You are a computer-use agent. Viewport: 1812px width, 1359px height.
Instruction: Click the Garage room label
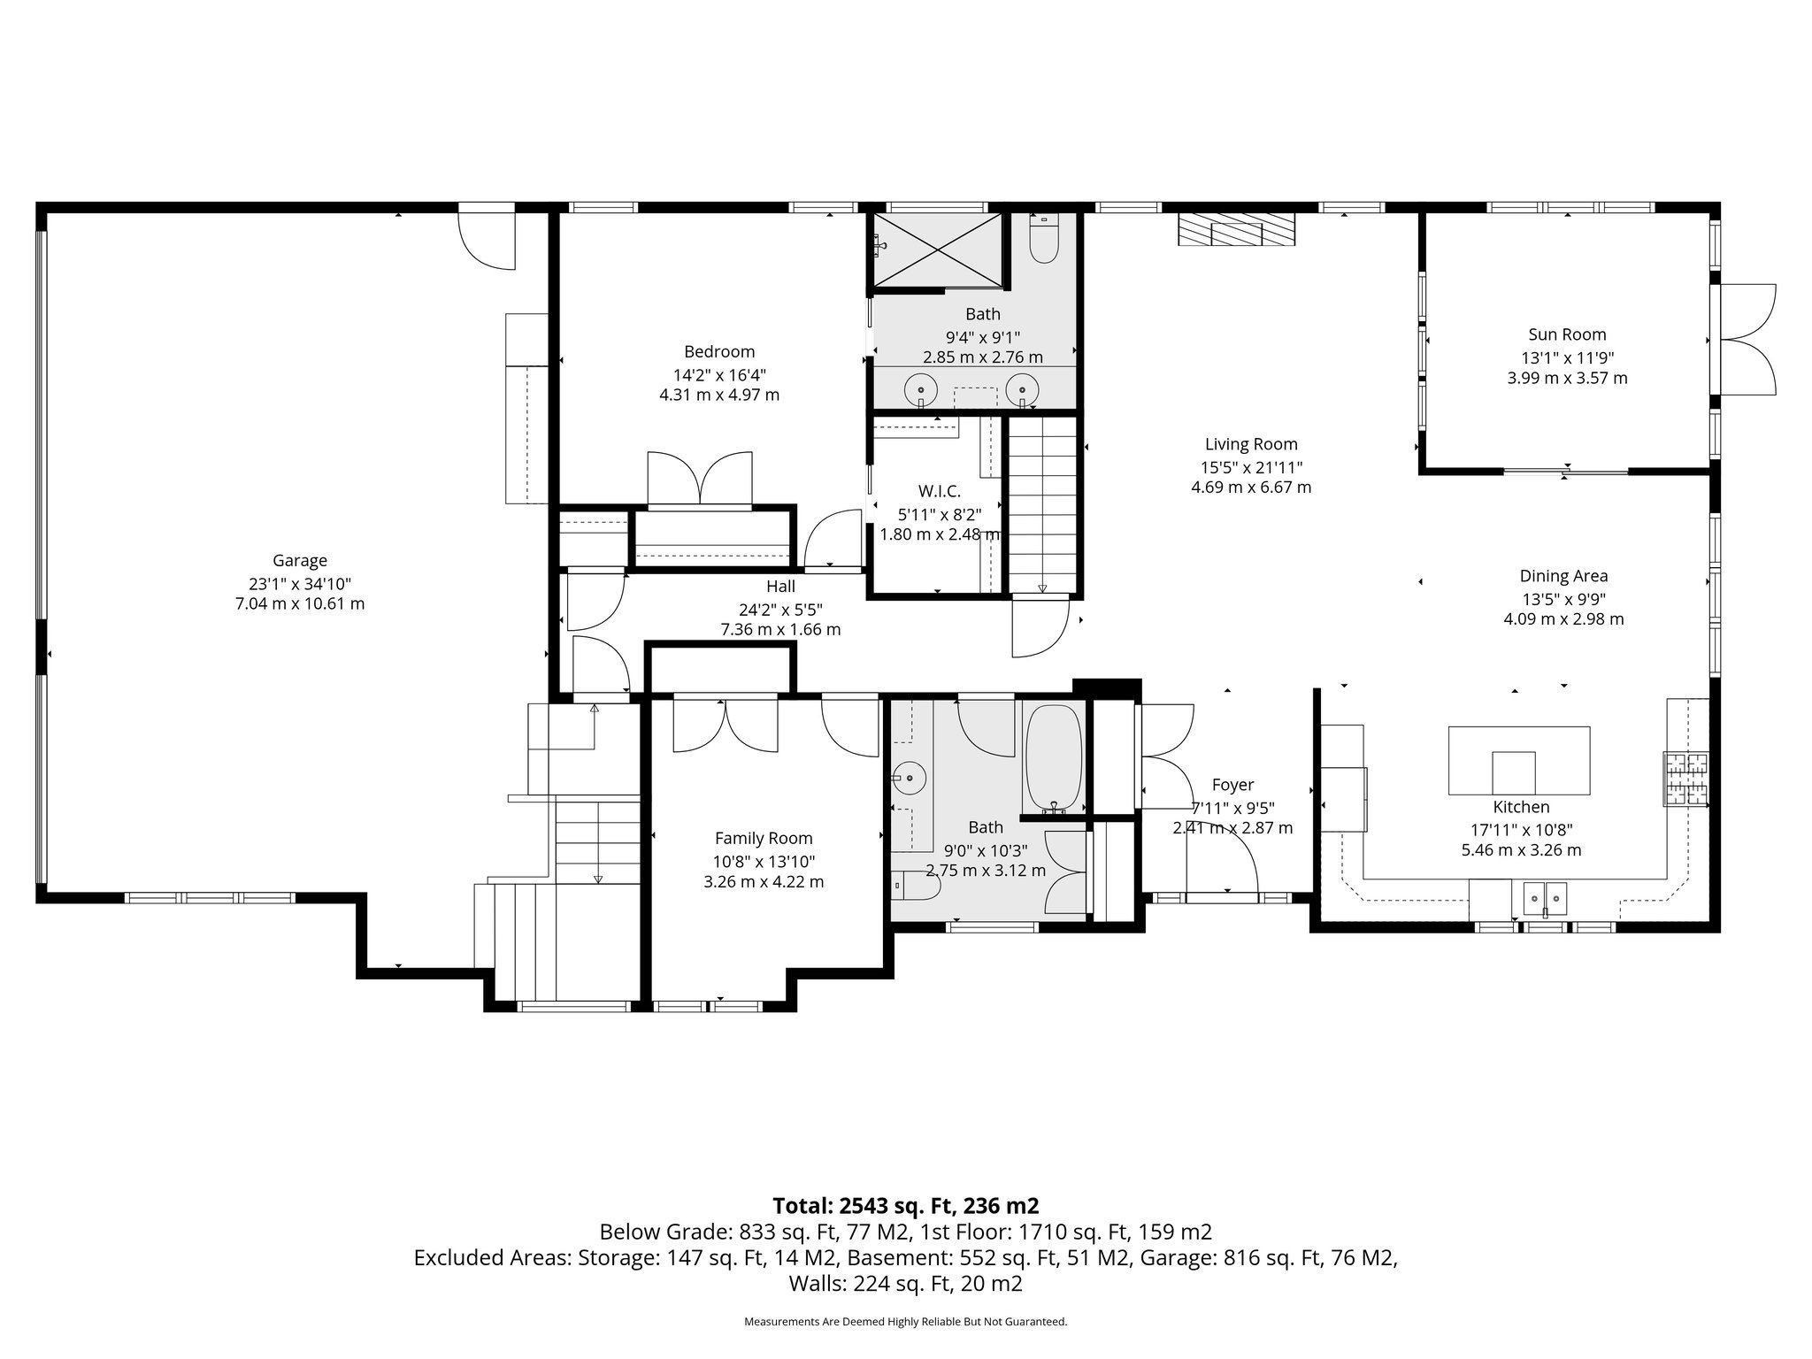click(299, 560)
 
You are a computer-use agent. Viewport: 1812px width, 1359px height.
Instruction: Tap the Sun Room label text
click(1567, 334)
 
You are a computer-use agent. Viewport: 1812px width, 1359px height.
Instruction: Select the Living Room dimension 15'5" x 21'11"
click(1251, 466)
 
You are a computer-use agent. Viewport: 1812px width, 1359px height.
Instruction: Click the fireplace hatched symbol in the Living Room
click(1235, 232)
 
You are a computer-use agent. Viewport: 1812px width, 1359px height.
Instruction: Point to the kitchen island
click(1518, 761)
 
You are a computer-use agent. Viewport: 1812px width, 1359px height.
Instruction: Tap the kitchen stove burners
click(1685, 779)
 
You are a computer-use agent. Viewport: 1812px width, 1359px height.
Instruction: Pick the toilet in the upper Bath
click(1044, 239)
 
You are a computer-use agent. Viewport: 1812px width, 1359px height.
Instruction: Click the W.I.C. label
click(939, 491)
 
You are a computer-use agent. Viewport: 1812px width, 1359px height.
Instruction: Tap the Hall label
click(780, 586)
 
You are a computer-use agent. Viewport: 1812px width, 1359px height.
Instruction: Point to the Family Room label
click(763, 838)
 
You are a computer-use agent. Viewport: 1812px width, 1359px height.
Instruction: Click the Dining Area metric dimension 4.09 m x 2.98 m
click(1563, 619)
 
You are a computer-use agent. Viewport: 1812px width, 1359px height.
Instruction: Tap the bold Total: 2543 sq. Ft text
click(905, 1206)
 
